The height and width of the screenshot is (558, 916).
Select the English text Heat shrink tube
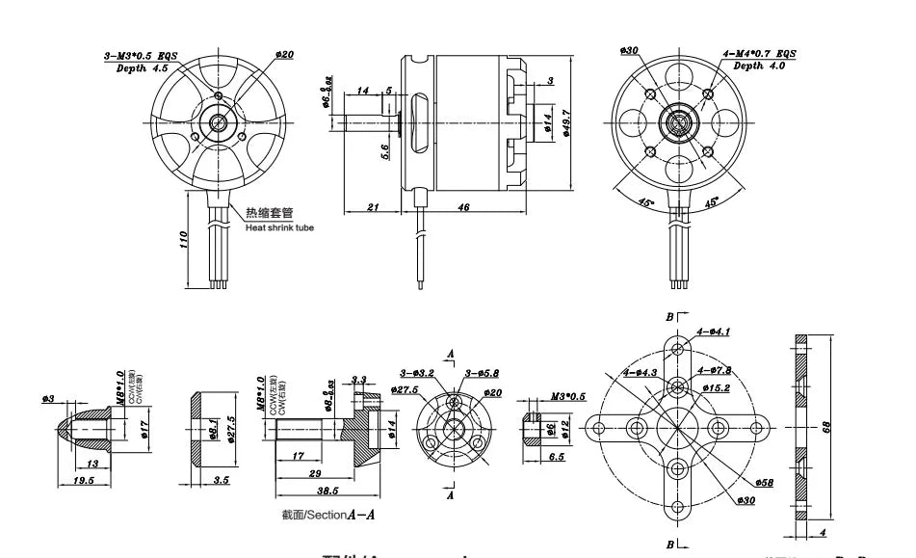(279, 227)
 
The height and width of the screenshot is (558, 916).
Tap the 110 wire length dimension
(184, 240)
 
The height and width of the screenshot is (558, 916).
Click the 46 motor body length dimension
(463, 207)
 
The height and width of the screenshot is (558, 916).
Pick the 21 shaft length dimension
(372, 207)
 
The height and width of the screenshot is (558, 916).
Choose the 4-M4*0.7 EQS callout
(759, 54)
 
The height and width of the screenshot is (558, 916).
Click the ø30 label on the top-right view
(631, 50)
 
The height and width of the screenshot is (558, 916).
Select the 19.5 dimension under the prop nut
(83, 479)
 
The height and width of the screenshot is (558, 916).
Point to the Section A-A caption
(328, 515)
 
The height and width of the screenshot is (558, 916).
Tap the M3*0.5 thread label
(568, 396)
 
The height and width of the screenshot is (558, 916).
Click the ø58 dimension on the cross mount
(765, 481)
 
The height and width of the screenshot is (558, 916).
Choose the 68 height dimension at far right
(825, 427)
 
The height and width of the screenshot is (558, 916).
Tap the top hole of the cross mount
(679, 349)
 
